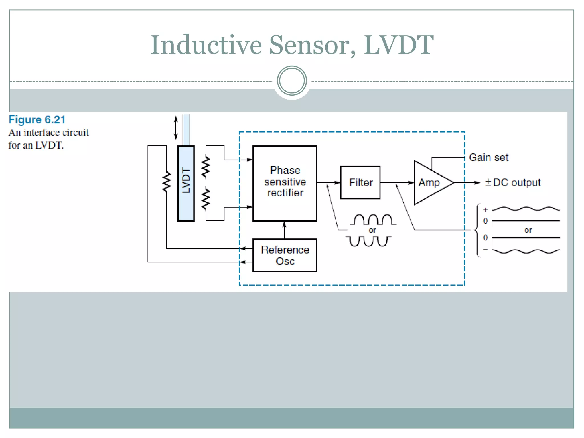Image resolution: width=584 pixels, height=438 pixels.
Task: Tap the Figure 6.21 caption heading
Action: (x=37, y=120)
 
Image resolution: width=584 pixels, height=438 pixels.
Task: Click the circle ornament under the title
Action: (x=292, y=81)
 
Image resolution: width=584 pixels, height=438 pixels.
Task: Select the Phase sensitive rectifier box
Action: (x=285, y=183)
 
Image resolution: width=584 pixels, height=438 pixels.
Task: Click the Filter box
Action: (x=360, y=182)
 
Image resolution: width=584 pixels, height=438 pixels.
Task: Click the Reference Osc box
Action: (x=285, y=255)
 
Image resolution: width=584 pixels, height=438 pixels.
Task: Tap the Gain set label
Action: (x=488, y=157)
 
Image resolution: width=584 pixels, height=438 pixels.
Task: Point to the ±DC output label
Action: (x=513, y=182)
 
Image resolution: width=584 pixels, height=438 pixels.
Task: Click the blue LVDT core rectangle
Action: (x=186, y=183)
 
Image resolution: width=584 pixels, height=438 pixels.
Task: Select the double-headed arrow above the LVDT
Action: (x=176, y=128)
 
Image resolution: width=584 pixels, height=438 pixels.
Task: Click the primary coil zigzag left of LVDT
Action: (x=167, y=182)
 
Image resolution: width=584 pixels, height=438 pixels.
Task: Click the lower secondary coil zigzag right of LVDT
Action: (x=206, y=199)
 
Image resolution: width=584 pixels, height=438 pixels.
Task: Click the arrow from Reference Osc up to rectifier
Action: (x=284, y=230)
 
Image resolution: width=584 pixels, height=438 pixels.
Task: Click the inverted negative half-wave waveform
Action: (x=368, y=241)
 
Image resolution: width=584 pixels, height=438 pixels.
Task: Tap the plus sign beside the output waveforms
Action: (x=486, y=210)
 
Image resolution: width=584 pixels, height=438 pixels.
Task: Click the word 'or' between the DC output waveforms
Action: (x=528, y=230)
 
